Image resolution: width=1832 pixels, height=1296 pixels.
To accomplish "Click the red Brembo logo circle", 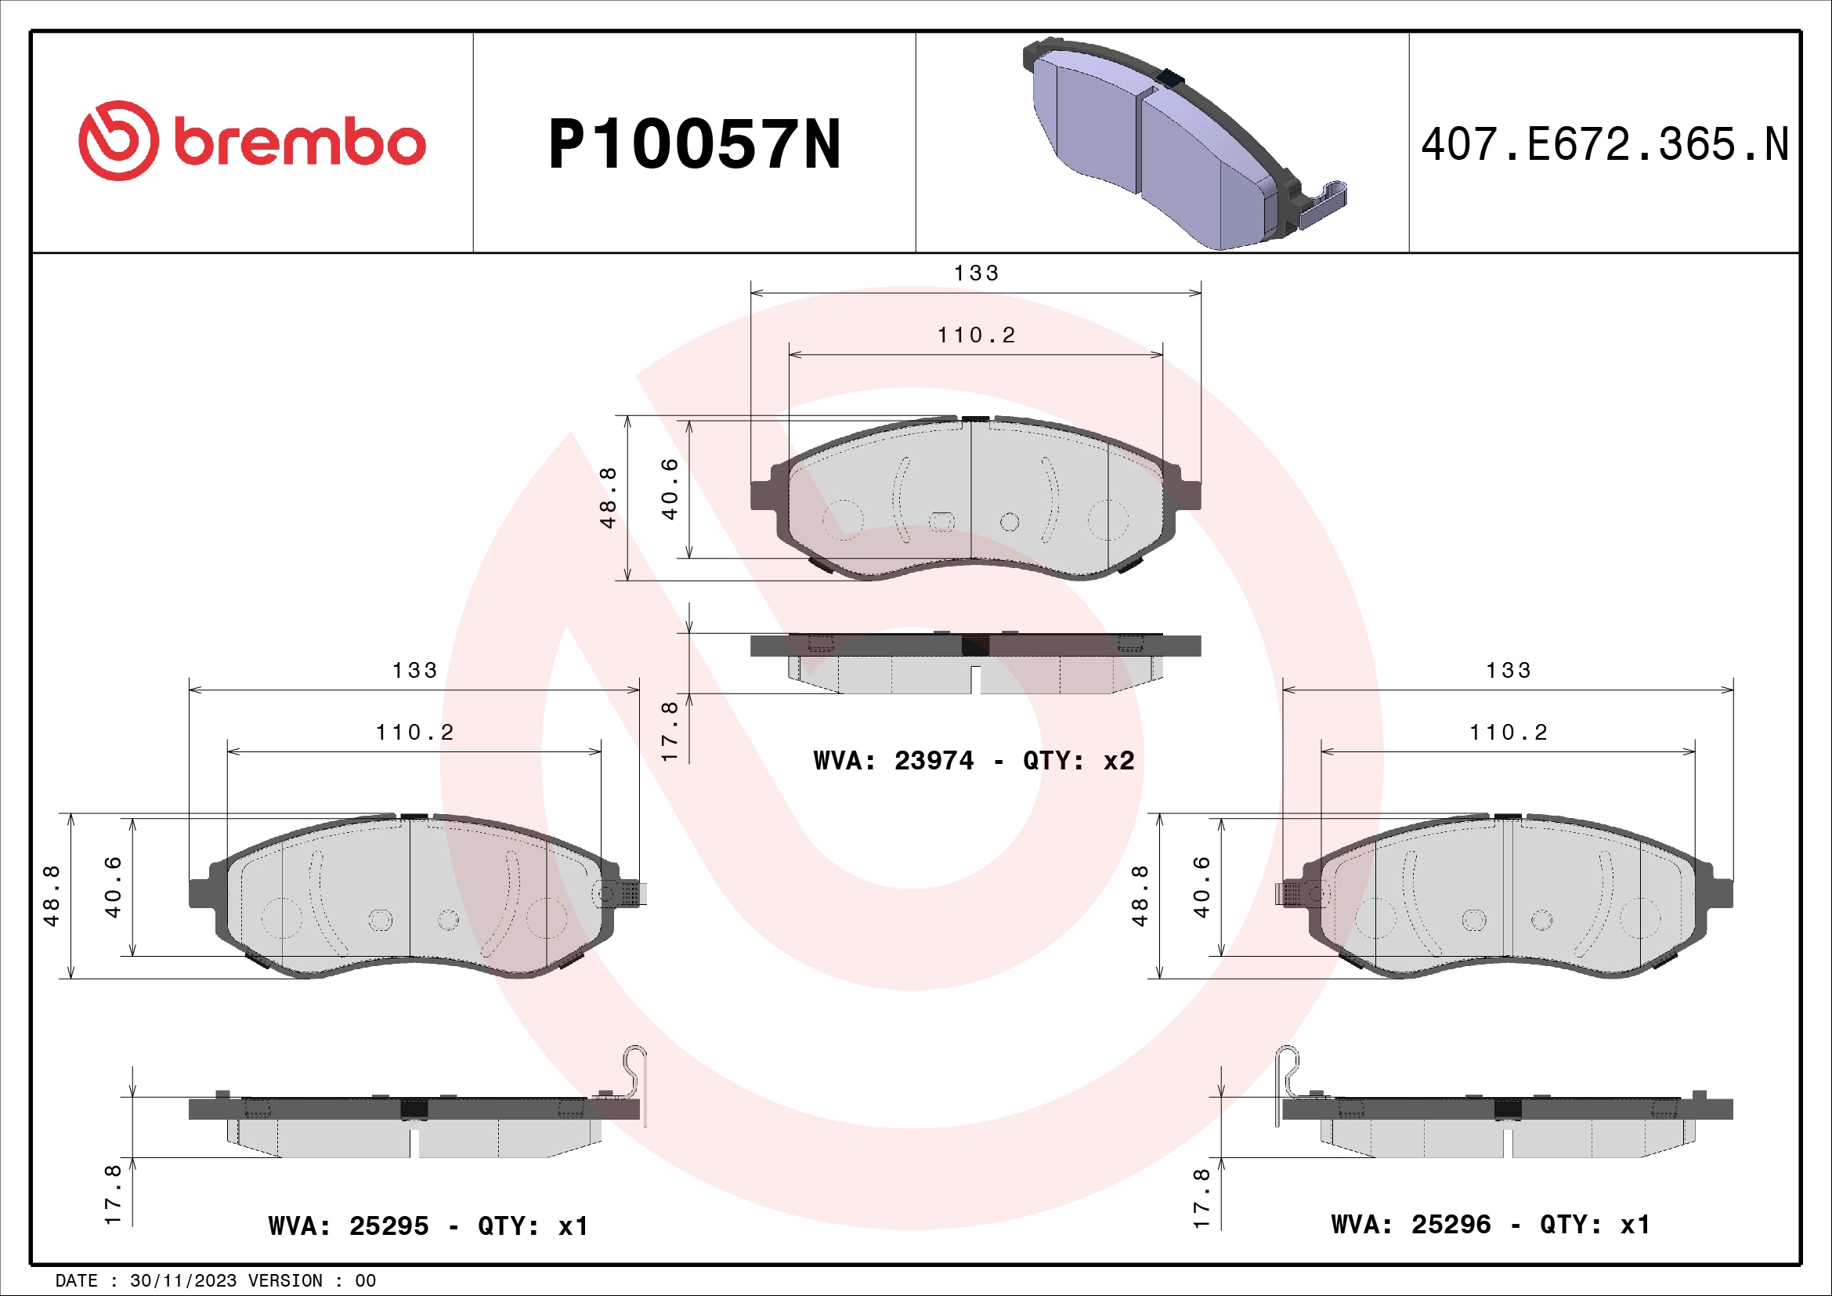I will click(x=118, y=140).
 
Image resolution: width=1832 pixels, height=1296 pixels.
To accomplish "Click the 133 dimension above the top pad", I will click(x=976, y=273).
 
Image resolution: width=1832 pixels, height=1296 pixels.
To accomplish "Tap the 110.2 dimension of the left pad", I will click(x=415, y=732).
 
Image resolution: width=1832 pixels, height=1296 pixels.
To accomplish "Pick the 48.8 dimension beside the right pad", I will click(x=1140, y=896).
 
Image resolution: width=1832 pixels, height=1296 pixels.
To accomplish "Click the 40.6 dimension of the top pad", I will click(x=670, y=488).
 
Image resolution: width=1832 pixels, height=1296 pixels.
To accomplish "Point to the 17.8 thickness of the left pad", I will click(x=113, y=1195).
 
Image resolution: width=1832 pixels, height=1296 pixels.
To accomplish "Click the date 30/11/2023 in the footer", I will click(x=182, y=1281).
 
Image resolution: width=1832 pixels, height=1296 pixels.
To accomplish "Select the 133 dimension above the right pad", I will click(x=1508, y=671).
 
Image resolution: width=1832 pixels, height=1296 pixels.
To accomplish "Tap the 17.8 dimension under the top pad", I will click(x=670, y=731).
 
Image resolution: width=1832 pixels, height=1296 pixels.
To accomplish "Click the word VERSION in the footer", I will click(x=285, y=1281).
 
